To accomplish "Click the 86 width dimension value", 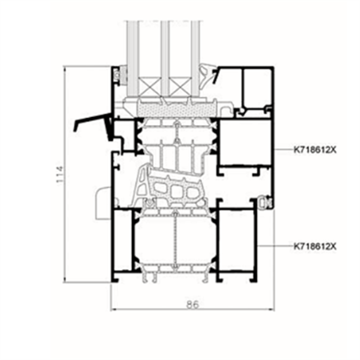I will click(193, 304).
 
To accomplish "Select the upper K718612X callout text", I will click(315, 150).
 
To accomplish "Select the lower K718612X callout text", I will click(315, 246).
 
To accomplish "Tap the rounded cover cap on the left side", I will click(101, 203).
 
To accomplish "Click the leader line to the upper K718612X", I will click(283, 150).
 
